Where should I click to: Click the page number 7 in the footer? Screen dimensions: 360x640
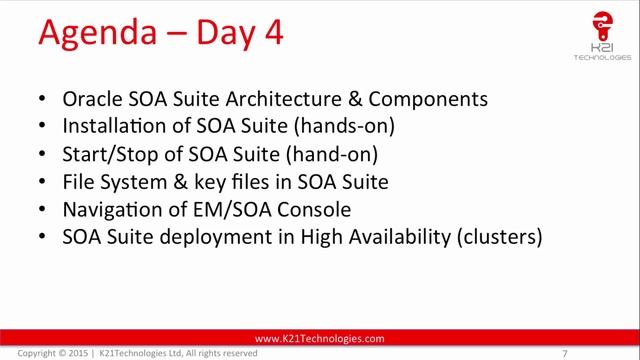click(566, 353)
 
